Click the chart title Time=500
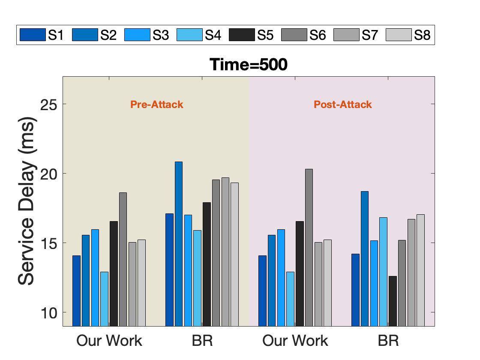(248, 65)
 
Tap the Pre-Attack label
(157, 105)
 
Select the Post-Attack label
(343, 105)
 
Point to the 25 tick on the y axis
(49, 105)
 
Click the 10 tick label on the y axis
(49, 313)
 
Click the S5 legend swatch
(242, 35)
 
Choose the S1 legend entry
(42, 35)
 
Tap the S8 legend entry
(408, 35)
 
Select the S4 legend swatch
(189, 35)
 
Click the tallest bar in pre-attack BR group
(179, 244)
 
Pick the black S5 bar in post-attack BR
(393, 301)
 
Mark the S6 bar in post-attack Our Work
(309, 248)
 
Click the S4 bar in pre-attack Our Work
(105, 299)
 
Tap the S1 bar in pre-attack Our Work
(77, 291)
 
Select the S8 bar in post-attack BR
(420, 270)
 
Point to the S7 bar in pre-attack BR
(225, 252)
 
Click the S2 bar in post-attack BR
(365, 259)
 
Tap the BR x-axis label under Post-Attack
(388, 341)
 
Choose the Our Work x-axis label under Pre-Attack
(109, 341)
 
